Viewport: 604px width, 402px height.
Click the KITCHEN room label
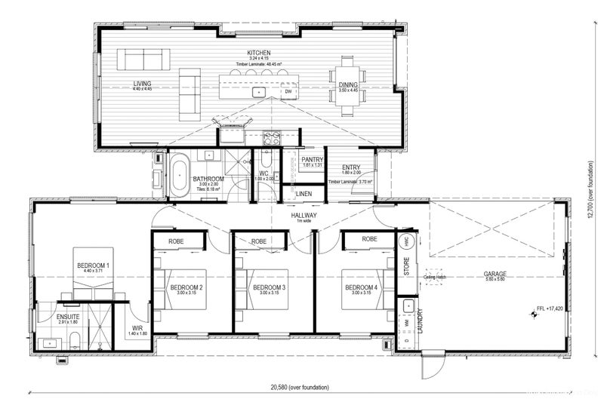[x=258, y=53]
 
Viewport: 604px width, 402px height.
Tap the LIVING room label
[x=142, y=84]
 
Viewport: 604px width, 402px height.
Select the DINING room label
[x=348, y=84]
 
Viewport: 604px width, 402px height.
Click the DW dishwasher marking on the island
[x=288, y=92]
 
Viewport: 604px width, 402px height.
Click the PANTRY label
[x=312, y=160]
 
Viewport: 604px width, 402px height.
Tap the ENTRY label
[x=351, y=168]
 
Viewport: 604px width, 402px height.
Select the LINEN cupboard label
[x=304, y=194]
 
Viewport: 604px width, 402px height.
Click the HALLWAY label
[x=306, y=215]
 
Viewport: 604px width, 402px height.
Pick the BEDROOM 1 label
[x=93, y=266]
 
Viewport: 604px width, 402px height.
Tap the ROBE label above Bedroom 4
[x=369, y=239]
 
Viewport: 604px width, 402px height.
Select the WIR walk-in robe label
[x=137, y=328]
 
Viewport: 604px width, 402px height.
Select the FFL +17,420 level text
[x=547, y=309]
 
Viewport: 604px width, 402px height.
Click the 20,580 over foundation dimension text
[x=300, y=387]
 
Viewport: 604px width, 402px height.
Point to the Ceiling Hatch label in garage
[x=436, y=278]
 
